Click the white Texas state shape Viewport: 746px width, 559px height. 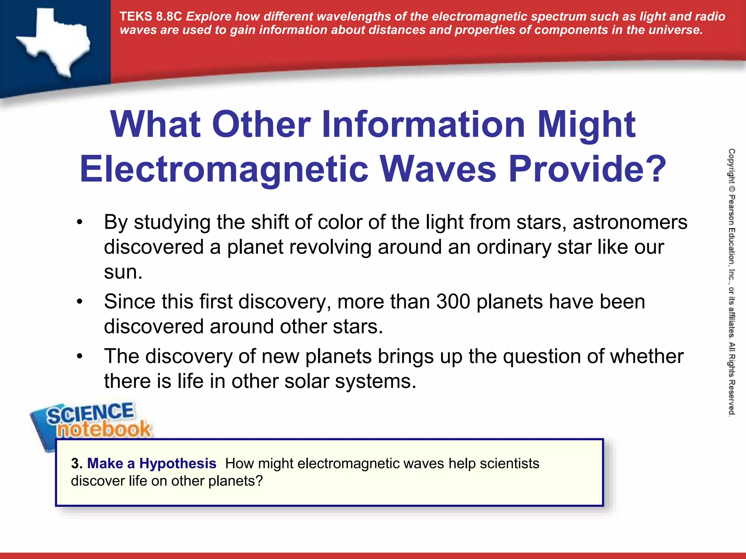click(55, 42)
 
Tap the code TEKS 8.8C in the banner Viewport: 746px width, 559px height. click(150, 16)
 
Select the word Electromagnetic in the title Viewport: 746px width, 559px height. click(224, 169)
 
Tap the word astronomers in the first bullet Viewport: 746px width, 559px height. click(630, 222)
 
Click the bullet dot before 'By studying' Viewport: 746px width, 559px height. click(80, 222)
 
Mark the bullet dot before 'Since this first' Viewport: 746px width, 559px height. click(80, 302)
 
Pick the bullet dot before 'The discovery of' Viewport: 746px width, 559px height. click(80, 356)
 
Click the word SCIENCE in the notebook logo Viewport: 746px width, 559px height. click(90, 413)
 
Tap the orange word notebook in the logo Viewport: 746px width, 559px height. click(103, 429)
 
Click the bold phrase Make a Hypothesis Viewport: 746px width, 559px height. click(152, 463)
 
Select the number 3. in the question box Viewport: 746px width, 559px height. click(77, 463)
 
